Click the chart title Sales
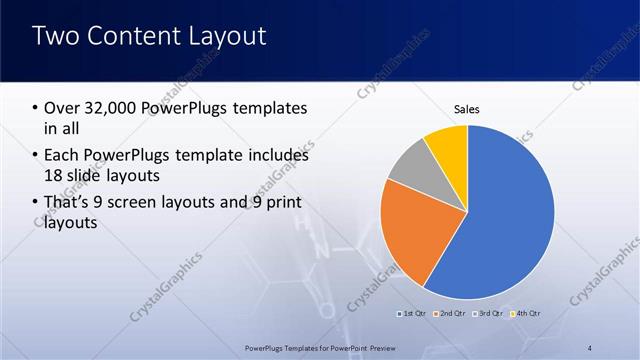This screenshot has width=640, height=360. point(467,108)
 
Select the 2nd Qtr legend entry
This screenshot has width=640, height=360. point(450,315)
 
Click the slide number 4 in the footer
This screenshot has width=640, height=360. point(590,347)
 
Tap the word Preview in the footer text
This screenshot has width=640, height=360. point(376,347)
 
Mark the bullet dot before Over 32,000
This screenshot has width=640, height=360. point(36,108)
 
